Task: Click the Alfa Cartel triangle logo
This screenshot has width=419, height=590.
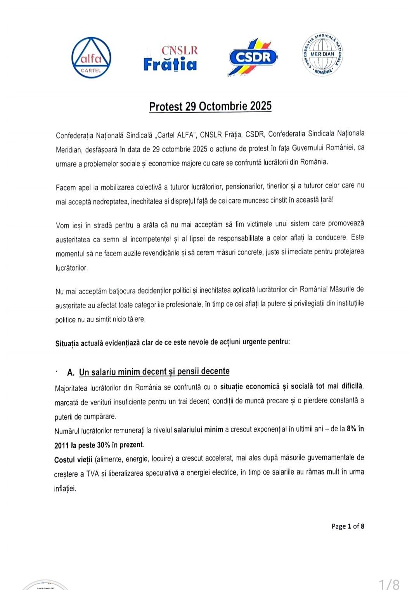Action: click(92, 57)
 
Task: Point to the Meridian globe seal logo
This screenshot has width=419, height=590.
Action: click(322, 54)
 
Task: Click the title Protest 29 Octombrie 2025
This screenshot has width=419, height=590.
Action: click(210, 106)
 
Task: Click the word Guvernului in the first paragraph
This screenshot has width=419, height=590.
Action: click(310, 148)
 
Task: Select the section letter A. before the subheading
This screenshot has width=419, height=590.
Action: click(71, 373)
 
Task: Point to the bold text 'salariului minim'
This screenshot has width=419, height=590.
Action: click(198, 430)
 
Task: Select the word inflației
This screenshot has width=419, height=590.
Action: click(65, 489)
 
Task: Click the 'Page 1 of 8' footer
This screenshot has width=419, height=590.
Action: click(348, 526)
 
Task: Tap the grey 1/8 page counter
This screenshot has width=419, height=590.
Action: click(389, 583)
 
